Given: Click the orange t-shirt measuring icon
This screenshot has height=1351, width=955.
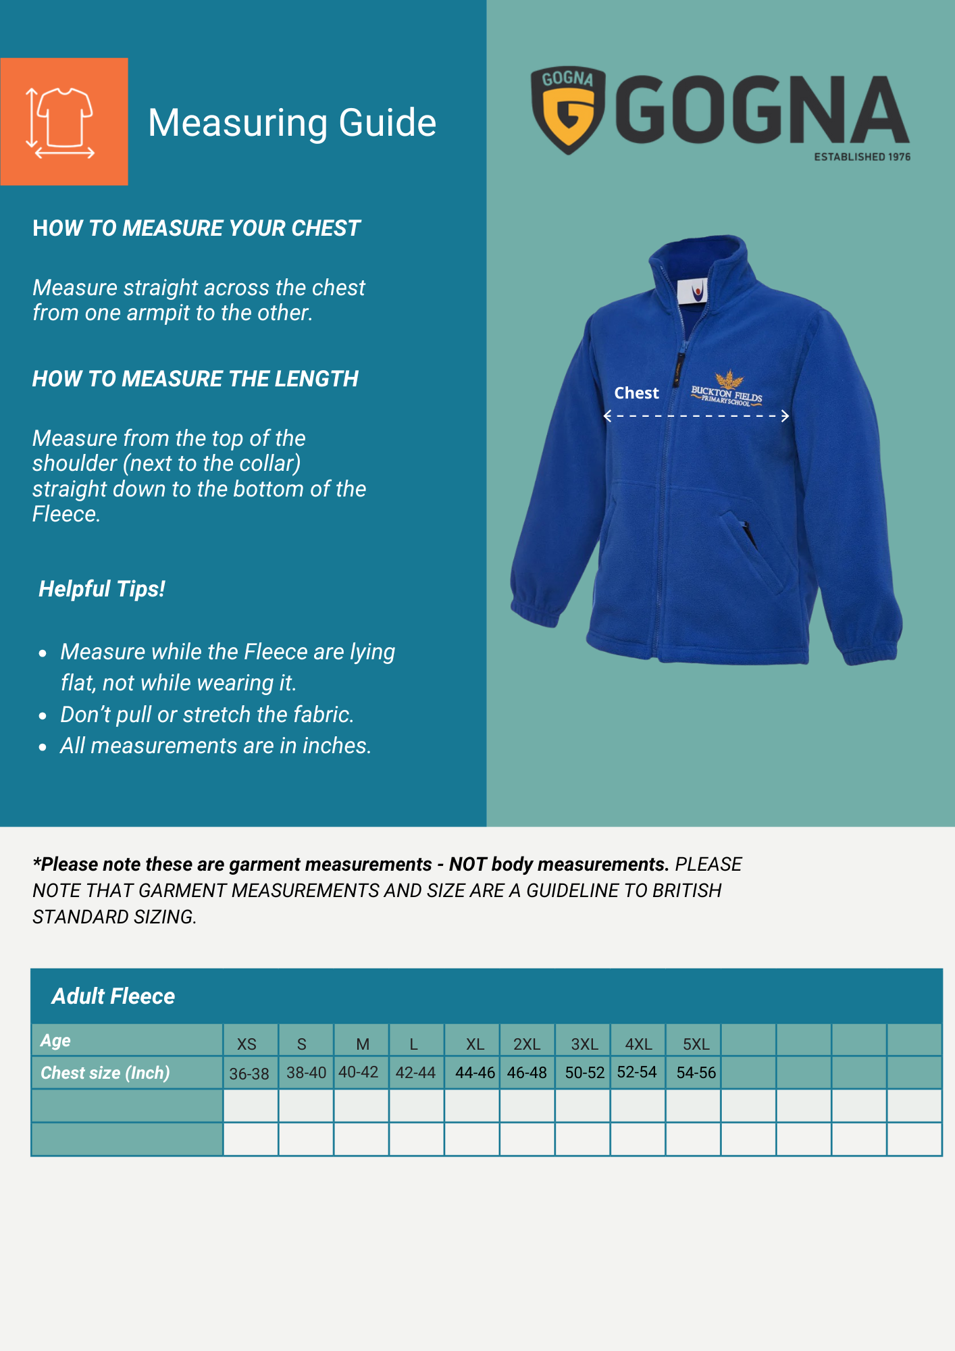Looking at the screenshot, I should pyautogui.click(x=63, y=122).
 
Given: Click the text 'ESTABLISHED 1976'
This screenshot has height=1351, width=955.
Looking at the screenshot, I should pyautogui.click(x=862, y=157).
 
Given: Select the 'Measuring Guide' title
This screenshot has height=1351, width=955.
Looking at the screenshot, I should pyautogui.click(x=292, y=123).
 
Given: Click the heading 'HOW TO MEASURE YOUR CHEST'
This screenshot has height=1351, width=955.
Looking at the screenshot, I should pyautogui.click(x=196, y=228).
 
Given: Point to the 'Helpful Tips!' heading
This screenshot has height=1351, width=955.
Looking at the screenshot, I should pyautogui.click(x=102, y=589).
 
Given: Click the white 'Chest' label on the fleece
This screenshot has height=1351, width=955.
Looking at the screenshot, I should pyautogui.click(x=636, y=393).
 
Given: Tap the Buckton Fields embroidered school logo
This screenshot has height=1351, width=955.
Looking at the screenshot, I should pyautogui.click(x=727, y=390).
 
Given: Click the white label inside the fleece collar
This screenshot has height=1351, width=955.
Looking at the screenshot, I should pyautogui.click(x=693, y=292).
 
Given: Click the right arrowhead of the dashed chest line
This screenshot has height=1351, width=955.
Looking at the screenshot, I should pyautogui.click(x=785, y=416).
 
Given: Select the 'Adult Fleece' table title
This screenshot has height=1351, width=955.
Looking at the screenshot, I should pyautogui.click(x=113, y=996).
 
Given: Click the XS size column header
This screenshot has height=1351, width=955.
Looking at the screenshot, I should pyautogui.click(x=247, y=1044).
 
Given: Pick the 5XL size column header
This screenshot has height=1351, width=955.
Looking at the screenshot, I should pyautogui.click(x=696, y=1044).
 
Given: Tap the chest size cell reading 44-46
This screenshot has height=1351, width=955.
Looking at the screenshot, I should pyautogui.click(x=475, y=1073).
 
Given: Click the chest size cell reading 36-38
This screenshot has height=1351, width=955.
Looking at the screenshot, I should pyautogui.click(x=249, y=1074).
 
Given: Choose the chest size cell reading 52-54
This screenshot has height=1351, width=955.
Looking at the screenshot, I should pyautogui.click(x=636, y=1072).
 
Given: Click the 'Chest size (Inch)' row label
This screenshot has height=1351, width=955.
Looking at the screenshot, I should pyautogui.click(x=105, y=1073).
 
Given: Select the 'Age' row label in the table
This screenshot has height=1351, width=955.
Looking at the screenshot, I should pyautogui.click(x=55, y=1041).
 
